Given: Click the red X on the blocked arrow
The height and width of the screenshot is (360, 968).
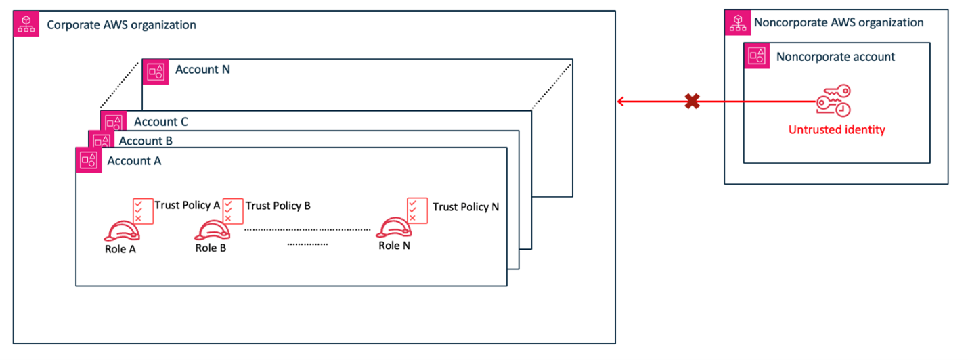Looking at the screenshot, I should (x=691, y=102).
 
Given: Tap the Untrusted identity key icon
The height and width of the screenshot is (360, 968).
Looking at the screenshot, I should (x=833, y=102).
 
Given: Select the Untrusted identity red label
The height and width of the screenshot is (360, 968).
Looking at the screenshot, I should (x=837, y=129).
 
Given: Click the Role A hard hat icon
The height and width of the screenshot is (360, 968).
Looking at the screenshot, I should (x=122, y=230).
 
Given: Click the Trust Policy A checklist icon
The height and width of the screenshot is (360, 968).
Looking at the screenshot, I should (x=144, y=210).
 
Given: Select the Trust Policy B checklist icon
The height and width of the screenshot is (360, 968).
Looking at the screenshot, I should (x=234, y=210).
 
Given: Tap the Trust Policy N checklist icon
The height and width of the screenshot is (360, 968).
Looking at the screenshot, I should (x=417, y=210).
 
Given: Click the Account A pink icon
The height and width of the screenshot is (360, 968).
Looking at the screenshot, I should (x=89, y=160).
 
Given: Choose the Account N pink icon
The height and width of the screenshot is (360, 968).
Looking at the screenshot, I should (x=156, y=70).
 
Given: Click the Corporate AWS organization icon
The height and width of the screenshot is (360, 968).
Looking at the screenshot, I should (x=26, y=24).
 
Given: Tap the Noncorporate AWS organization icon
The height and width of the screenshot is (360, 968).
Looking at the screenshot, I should (x=737, y=22).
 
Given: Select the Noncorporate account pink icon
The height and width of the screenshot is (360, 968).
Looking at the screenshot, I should (x=757, y=55).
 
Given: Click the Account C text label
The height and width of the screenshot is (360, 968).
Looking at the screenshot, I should (x=161, y=122).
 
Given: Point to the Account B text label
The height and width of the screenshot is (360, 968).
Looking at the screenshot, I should (x=146, y=141).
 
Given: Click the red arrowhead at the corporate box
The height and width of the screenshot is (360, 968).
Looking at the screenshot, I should (x=621, y=102).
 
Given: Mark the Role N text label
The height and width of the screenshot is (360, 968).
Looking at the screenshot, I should (x=394, y=246).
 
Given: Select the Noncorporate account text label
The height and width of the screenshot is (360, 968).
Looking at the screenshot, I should (x=835, y=57).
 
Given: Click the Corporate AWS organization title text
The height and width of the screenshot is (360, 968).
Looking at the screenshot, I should (x=121, y=25).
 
